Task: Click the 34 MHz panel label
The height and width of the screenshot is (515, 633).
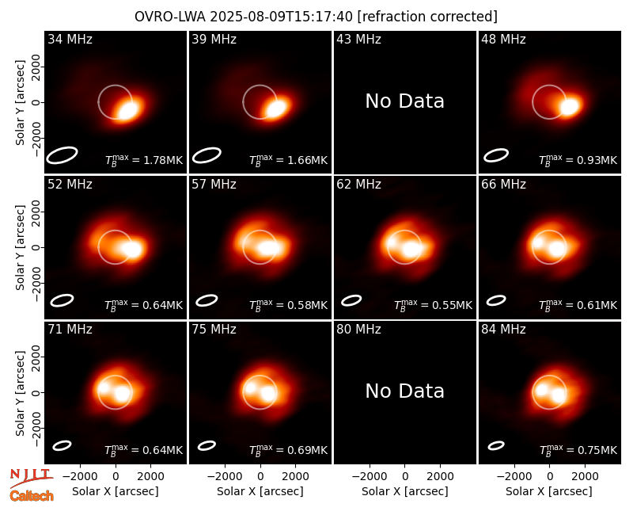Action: coord(70,39)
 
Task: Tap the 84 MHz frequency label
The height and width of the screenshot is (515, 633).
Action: coord(503,330)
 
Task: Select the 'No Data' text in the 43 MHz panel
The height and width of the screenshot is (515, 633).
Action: coord(405,101)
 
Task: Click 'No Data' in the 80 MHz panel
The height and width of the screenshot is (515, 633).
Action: coord(405,391)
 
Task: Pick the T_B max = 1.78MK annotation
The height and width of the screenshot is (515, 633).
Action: coord(144,160)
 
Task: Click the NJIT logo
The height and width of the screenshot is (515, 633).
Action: coord(31,477)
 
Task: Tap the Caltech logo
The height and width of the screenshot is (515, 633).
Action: coord(32,496)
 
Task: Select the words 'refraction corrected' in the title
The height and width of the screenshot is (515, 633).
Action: coord(428,17)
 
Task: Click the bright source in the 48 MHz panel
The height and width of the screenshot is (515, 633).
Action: coord(570,106)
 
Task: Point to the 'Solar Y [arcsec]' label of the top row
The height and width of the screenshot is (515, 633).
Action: coord(21,103)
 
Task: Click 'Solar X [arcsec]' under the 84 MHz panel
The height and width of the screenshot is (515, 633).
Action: coord(549,491)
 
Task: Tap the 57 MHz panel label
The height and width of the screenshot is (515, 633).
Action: coord(214,185)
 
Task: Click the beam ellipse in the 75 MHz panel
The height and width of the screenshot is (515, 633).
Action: coord(207,445)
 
